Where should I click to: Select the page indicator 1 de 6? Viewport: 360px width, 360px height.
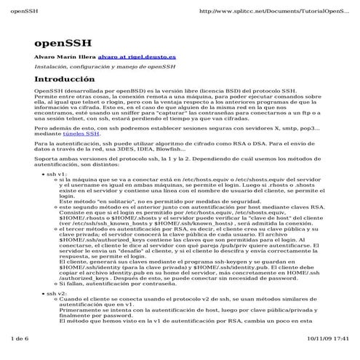tap(15, 339)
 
